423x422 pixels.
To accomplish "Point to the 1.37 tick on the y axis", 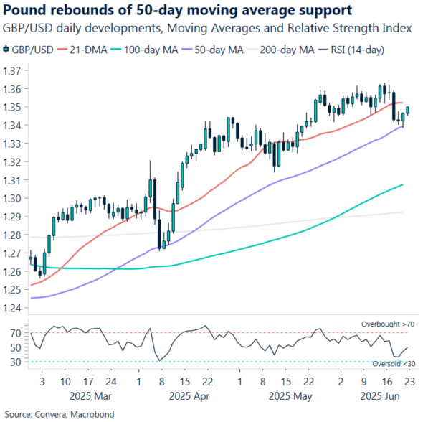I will pyautogui.click(x=14, y=71).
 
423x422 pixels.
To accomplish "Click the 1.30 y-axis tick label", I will pyautogui.click(x=14, y=199).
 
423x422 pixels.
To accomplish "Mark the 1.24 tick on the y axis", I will pyautogui.click(x=14, y=309).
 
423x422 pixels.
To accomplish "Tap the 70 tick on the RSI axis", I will pyautogui.click(x=16, y=333).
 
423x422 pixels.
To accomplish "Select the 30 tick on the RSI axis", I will pyautogui.click(x=16, y=362).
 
